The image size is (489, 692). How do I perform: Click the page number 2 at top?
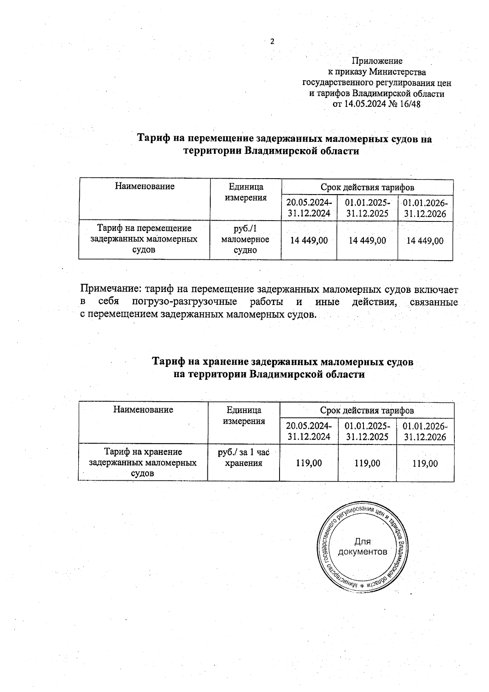(x=272, y=41)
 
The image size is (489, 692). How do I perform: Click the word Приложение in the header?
(x=377, y=61)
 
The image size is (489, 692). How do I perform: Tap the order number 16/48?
(x=410, y=104)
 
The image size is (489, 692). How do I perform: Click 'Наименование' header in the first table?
(x=145, y=187)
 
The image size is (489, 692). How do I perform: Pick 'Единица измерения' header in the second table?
(x=244, y=416)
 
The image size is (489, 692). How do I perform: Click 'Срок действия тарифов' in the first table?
(x=367, y=188)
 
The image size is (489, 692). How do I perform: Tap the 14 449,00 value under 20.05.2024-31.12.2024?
(x=309, y=241)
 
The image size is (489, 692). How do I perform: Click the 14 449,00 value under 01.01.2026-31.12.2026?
(x=425, y=241)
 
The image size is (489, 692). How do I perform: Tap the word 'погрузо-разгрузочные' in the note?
(x=185, y=302)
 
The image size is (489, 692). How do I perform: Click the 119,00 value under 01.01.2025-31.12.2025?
(x=367, y=463)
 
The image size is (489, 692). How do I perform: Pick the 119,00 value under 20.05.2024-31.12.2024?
(x=309, y=463)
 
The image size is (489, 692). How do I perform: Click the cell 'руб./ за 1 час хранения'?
(x=244, y=458)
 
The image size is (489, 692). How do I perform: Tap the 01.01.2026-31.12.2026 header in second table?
(x=425, y=432)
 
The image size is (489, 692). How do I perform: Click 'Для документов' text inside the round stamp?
(x=363, y=547)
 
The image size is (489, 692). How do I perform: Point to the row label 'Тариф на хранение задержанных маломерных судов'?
(x=143, y=462)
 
